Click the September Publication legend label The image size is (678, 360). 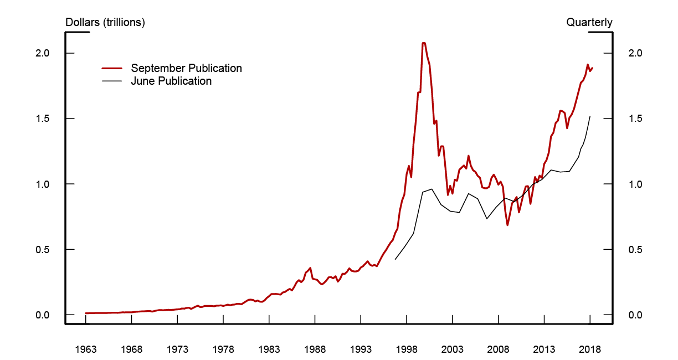pos(186,68)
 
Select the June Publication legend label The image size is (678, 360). pos(171,81)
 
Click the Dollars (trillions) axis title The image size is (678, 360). pos(105,23)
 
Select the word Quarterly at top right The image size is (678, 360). pos(589,23)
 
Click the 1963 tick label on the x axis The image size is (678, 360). pos(86,349)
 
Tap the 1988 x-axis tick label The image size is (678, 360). pos(315,349)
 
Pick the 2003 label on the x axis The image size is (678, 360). pos(453,349)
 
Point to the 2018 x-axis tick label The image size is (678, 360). pos(590,349)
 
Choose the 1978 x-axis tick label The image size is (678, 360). pos(223,349)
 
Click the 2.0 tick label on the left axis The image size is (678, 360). pos(43,53)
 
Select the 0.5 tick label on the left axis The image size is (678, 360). pos(43,249)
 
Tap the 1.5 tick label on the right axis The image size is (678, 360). pos(635,119)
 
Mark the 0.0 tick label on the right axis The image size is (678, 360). pos(635,315)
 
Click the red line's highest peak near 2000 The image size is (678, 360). pos(424,43)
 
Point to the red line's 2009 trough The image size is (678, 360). pos(507,225)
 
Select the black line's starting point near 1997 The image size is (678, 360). pos(395,259)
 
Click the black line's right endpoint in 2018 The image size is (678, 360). pos(590,116)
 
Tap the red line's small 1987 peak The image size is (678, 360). pos(310,268)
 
